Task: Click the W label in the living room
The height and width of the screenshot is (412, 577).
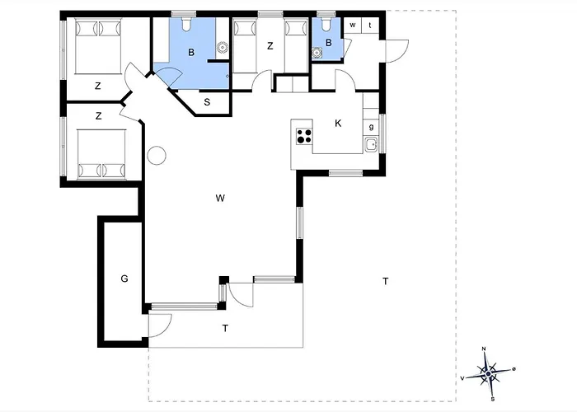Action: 220,199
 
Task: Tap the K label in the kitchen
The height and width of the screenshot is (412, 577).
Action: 338,124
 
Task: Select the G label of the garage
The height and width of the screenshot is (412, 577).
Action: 124,279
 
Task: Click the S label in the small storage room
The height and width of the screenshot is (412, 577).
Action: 207,102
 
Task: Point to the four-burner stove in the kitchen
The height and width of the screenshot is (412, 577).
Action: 304,136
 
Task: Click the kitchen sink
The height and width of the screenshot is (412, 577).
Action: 371,144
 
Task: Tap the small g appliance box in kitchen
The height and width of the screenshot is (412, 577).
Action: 371,127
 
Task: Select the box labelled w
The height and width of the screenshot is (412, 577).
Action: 353,26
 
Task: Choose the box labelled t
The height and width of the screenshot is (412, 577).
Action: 370,26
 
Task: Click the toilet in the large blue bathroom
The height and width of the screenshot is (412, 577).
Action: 187,23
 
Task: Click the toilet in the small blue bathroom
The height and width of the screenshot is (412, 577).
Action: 326,23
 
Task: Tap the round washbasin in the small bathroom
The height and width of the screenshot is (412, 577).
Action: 317,54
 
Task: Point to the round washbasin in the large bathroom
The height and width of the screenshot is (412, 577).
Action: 223,48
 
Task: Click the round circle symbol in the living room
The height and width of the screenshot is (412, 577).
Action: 157,156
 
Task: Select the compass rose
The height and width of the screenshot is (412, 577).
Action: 488,374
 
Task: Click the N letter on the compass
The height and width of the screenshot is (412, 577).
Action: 484,349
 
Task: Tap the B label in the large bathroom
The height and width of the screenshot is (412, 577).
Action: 191,53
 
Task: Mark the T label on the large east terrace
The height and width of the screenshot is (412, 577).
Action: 385,282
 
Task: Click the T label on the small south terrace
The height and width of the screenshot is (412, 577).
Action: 226,328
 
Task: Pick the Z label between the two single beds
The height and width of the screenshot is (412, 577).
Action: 270,46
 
